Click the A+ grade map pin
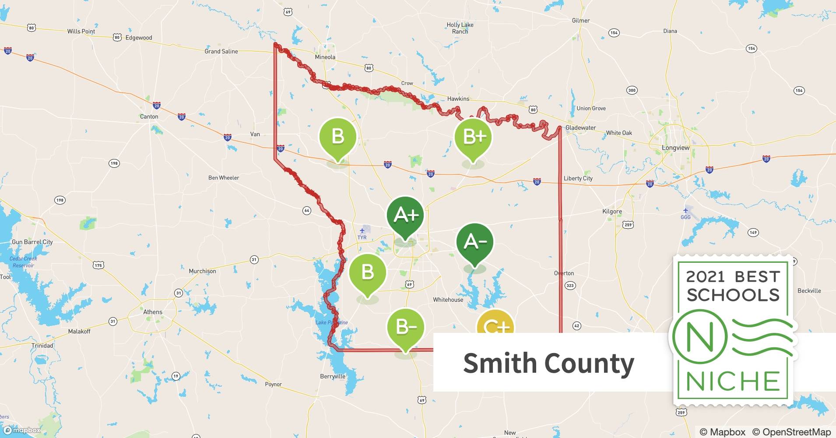405,215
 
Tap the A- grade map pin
474,242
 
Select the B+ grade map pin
473,137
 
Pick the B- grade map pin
405,327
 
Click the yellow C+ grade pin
495,324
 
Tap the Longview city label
675,148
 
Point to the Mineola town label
325,57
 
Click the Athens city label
153,312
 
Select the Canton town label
149,117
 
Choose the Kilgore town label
612,211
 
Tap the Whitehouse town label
448,300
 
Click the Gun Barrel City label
32,242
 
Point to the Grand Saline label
221,51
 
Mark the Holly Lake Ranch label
460,28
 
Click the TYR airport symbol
362,231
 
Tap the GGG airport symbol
685,211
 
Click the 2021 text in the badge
705,276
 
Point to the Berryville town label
333,376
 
